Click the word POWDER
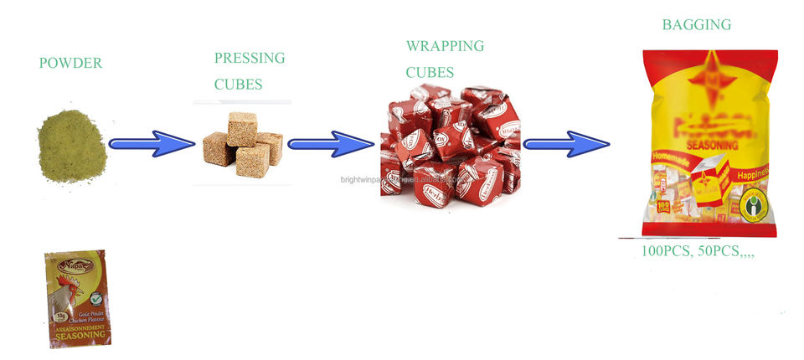click(70, 63)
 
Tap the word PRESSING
click(250, 58)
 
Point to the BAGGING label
click(696, 24)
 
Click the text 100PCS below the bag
click(656, 249)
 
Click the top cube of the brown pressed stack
click(244, 123)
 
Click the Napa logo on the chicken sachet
click(67, 262)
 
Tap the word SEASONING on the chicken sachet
click(82, 334)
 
